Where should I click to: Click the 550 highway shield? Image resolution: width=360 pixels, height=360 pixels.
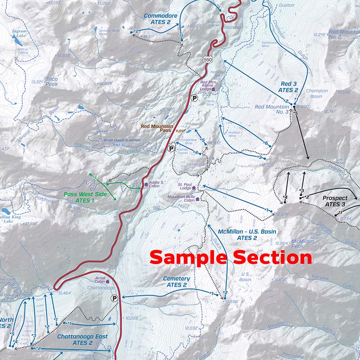tap(207, 59)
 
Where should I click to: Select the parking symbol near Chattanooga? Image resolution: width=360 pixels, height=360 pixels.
tap(115, 298)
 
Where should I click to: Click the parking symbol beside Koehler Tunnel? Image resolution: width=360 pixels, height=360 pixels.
tap(171, 148)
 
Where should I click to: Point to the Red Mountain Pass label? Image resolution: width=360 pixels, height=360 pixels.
tap(157, 129)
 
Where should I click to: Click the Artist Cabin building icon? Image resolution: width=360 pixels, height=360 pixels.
tap(107, 281)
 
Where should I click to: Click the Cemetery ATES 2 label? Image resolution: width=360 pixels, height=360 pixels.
tap(176, 282)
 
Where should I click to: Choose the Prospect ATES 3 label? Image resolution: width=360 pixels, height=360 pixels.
tap(335, 201)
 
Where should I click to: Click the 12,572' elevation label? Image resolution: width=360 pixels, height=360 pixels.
tap(279, 214)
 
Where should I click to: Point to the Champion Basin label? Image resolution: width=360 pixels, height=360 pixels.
tap(317, 94)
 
